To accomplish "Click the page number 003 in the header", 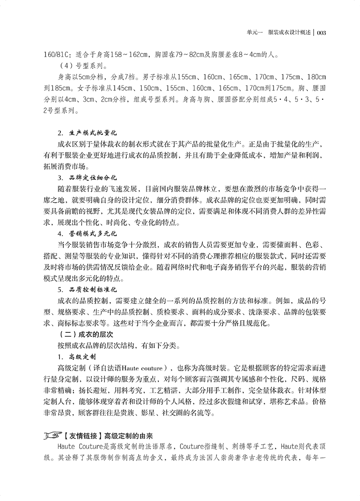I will coord(324,33).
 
